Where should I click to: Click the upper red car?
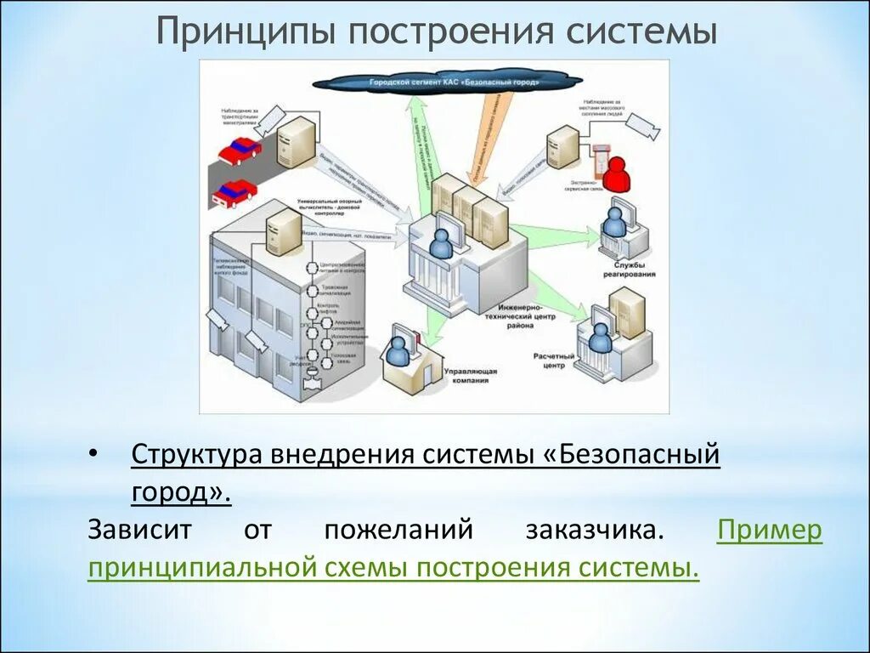pyautogui.click(x=240, y=150)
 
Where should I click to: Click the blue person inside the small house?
pyautogui.click(x=397, y=348)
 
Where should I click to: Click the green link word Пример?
pyautogui.click(x=770, y=530)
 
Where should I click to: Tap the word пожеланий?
pyautogui.click(x=398, y=530)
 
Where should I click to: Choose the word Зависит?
pyautogui.click(x=138, y=530)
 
